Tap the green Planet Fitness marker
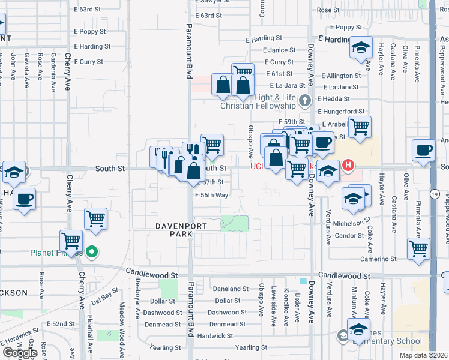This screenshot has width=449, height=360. tap(91, 252)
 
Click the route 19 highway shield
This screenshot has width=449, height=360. tap(433, 194)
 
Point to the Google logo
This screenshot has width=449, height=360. tap(20, 353)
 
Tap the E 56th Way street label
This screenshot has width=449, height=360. tap(211, 196)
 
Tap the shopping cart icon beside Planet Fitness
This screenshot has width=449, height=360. tap(71, 241)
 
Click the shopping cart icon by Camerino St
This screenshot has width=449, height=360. tap(418, 248)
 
